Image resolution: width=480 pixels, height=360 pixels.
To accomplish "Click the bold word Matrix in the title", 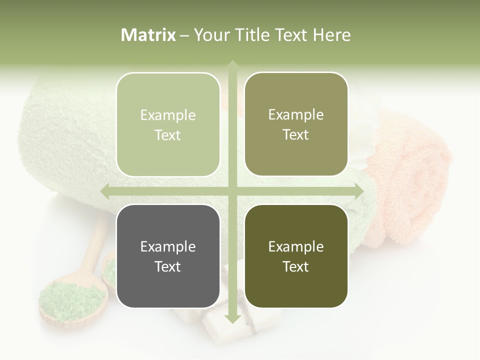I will pos(148,35).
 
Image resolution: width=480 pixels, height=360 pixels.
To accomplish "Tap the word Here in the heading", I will pos(331,35).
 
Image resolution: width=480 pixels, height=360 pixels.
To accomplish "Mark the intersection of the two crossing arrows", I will pos(232,191).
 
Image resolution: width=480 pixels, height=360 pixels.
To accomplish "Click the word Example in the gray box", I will pos(168,246).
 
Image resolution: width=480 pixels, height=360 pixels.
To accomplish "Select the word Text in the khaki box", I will pos(296,135).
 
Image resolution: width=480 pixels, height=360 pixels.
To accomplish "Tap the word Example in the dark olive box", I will pos(296,246).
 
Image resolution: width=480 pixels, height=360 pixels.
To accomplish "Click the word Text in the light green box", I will pos(168,135).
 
